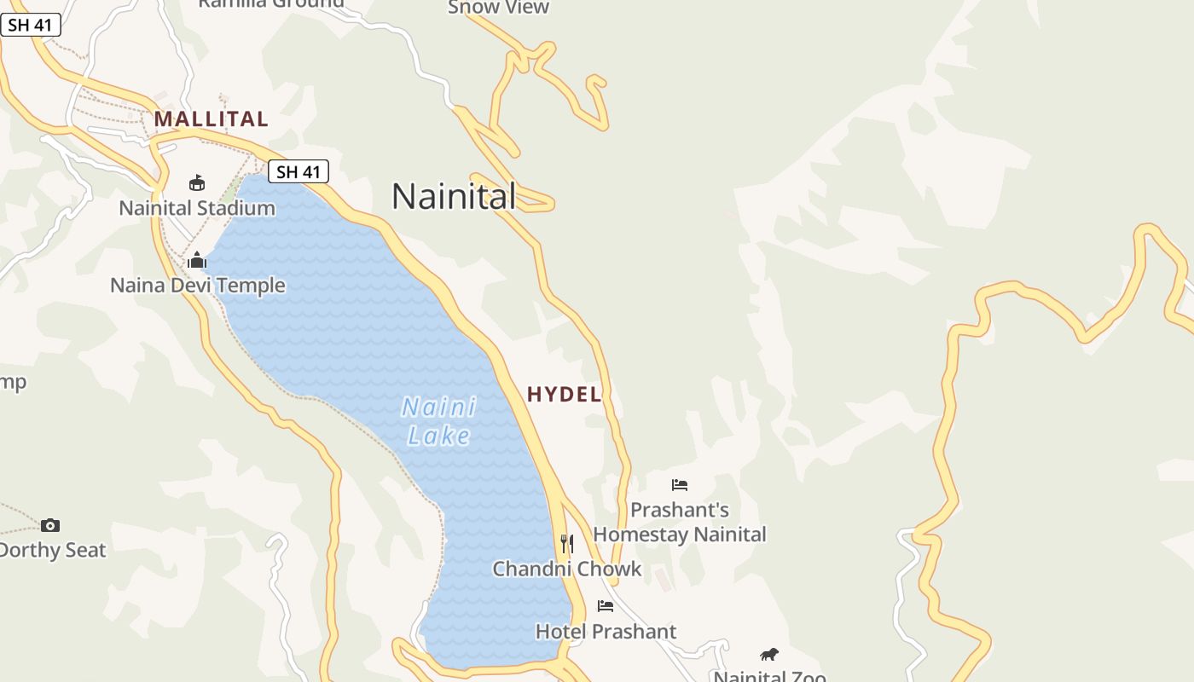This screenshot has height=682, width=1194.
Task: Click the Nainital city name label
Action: [454, 196]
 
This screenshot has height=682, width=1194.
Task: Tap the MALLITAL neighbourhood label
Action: [212, 118]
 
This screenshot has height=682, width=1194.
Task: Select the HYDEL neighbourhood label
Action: [565, 394]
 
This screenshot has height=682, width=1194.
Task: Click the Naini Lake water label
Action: [439, 421]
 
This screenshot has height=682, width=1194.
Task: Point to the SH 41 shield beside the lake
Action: [298, 171]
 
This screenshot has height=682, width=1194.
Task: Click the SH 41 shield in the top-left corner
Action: [31, 25]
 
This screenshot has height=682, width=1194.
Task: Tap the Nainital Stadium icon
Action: [197, 182]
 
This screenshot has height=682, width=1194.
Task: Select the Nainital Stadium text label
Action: [197, 208]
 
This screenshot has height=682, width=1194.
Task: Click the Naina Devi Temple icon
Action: [197, 260]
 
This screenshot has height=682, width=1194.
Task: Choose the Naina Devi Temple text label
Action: [198, 285]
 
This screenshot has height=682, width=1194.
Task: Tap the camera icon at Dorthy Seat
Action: [50, 525]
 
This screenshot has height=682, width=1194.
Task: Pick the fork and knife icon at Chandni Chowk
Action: [566, 543]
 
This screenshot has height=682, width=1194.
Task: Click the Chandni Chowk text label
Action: [566, 569]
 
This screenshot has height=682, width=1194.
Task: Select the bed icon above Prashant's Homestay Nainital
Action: [680, 485]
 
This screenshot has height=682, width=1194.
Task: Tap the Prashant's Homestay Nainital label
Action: [680, 522]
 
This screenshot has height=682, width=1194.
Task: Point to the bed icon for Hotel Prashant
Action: [606, 606]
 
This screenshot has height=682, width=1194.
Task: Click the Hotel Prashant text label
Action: [606, 632]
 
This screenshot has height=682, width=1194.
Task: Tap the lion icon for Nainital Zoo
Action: [769, 655]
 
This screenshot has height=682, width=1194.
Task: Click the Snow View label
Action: [499, 8]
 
